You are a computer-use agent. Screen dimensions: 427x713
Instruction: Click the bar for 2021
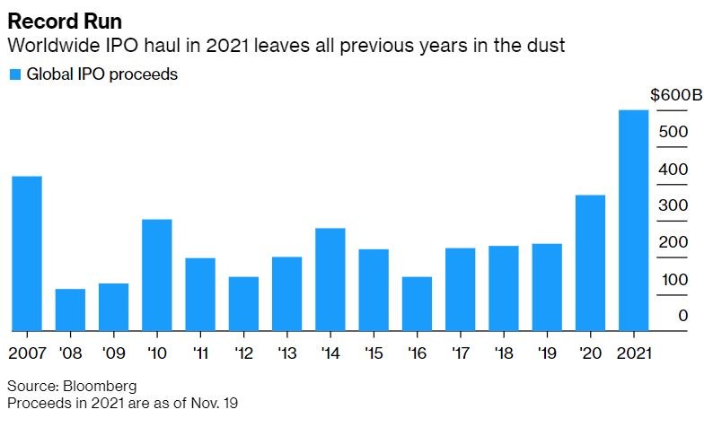(x=634, y=220)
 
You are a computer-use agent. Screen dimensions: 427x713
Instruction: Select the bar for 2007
(x=26, y=253)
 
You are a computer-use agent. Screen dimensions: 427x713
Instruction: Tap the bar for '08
(x=70, y=309)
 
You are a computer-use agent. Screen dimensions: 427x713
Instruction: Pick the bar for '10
(x=157, y=274)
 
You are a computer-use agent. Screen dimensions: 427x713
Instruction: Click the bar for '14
(x=330, y=279)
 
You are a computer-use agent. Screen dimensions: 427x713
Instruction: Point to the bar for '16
(x=417, y=303)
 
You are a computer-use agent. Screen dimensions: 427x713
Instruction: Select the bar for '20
(x=590, y=263)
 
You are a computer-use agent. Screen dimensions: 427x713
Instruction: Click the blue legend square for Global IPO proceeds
(x=13, y=74)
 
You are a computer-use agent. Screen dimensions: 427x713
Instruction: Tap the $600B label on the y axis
(x=670, y=95)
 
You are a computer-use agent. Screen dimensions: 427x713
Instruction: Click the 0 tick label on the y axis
(x=683, y=316)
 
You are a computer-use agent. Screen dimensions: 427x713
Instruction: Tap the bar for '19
(x=547, y=287)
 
